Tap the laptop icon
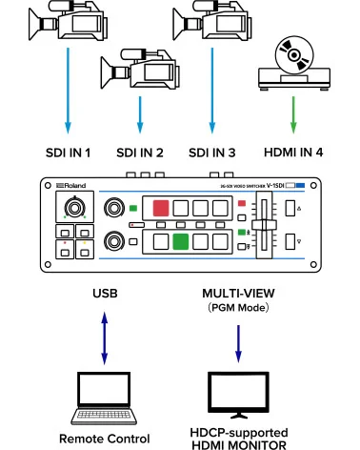tap(104, 397)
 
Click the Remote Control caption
tap(105, 439)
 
